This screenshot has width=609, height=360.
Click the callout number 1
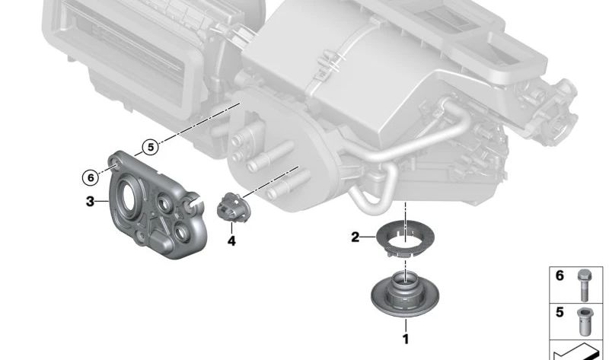coord(406,339)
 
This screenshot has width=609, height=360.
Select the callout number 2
coord(356,237)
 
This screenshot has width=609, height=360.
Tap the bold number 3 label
coord(90,202)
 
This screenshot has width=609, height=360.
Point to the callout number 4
coord(231,241)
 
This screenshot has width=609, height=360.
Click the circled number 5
coord(150,148)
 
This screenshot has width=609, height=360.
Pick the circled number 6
coord(91,178)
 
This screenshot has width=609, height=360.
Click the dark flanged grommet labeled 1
coord(405,294)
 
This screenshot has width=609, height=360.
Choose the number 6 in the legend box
coord(560,276)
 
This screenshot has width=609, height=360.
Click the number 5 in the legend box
coord(560,312)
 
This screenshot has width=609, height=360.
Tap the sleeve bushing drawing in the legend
coord(584,321)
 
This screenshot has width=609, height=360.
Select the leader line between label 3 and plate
coord(102,201)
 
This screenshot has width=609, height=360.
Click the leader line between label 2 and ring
coord(368,237)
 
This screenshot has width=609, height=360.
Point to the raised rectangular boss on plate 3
coord(160,238)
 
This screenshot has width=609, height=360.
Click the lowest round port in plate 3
coord(181,233)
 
